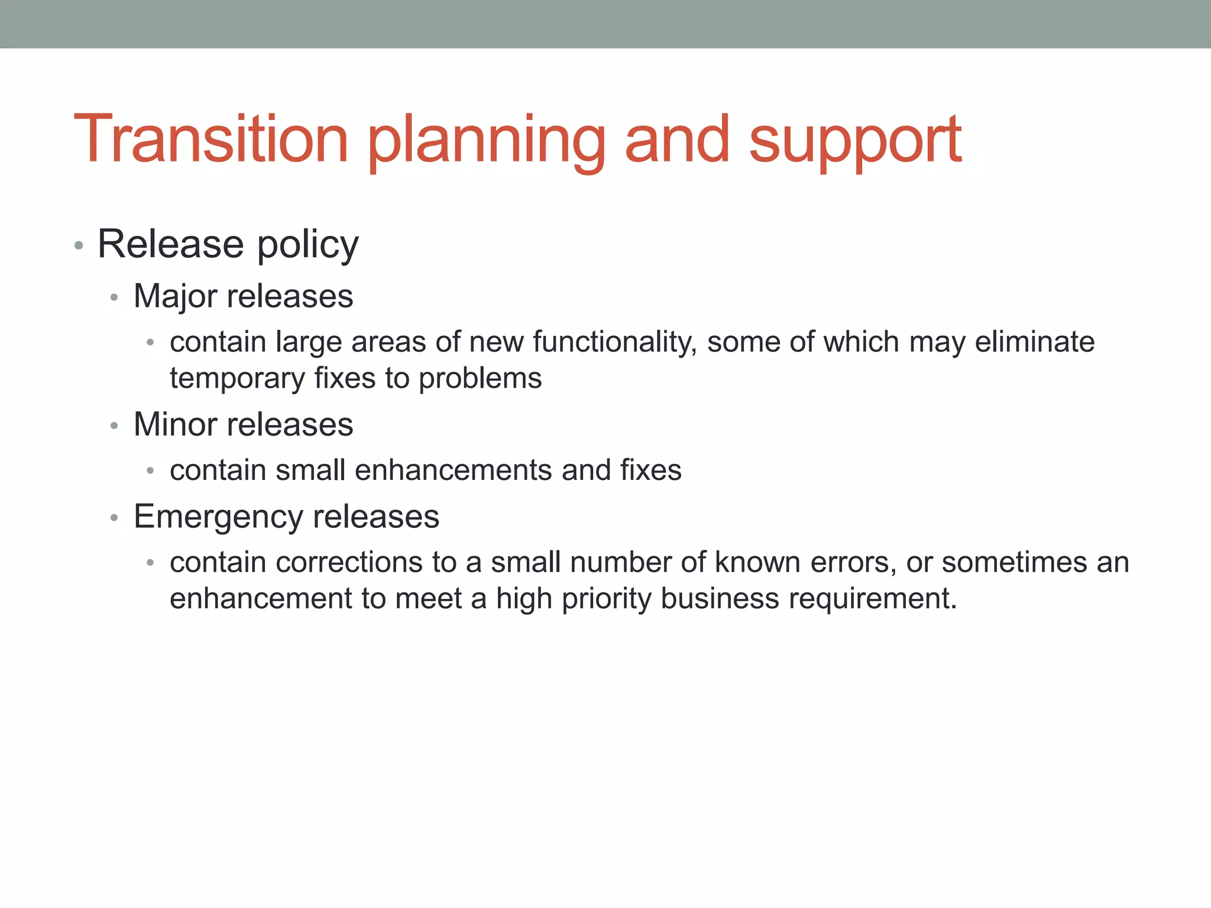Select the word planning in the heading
pos(487,142)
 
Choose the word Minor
pos(176,424)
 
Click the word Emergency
pos(218,517)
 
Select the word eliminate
pos(1034,342)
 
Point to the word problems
pos(480,379)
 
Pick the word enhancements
pos(453,471)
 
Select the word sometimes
pos(1014,563)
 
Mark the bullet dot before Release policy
pos(79,245)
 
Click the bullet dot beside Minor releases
pos(115,426)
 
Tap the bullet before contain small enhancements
pos(151,471)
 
